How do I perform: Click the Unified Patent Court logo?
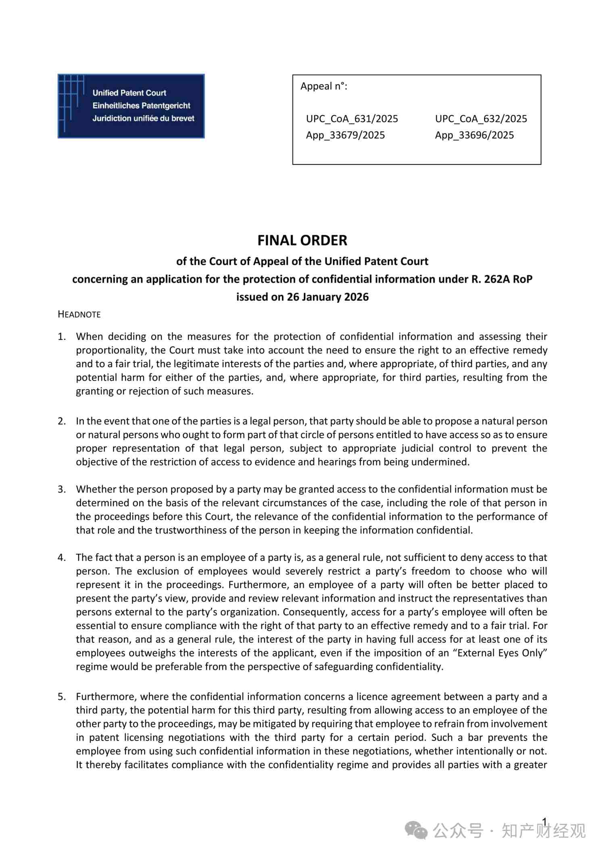point(131,106)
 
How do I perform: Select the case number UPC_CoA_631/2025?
point(352,119)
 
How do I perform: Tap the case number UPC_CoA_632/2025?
point(481,119)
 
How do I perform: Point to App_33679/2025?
point(345,135)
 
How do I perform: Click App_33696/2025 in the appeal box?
point(474,135)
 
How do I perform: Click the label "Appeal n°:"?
point(323,86)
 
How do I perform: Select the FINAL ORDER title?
point(302,240)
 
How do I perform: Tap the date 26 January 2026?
point(328,297)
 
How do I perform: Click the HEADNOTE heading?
point(79,314)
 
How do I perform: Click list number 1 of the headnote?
point(62,337)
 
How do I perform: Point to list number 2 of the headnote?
point(62,421)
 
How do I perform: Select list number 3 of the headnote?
point(62,489)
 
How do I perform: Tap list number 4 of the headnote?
point(62,558)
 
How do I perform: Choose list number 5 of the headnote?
point(62,697)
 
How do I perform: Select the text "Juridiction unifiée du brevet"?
point(143,119)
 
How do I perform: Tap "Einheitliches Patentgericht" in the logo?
point(141,106)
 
